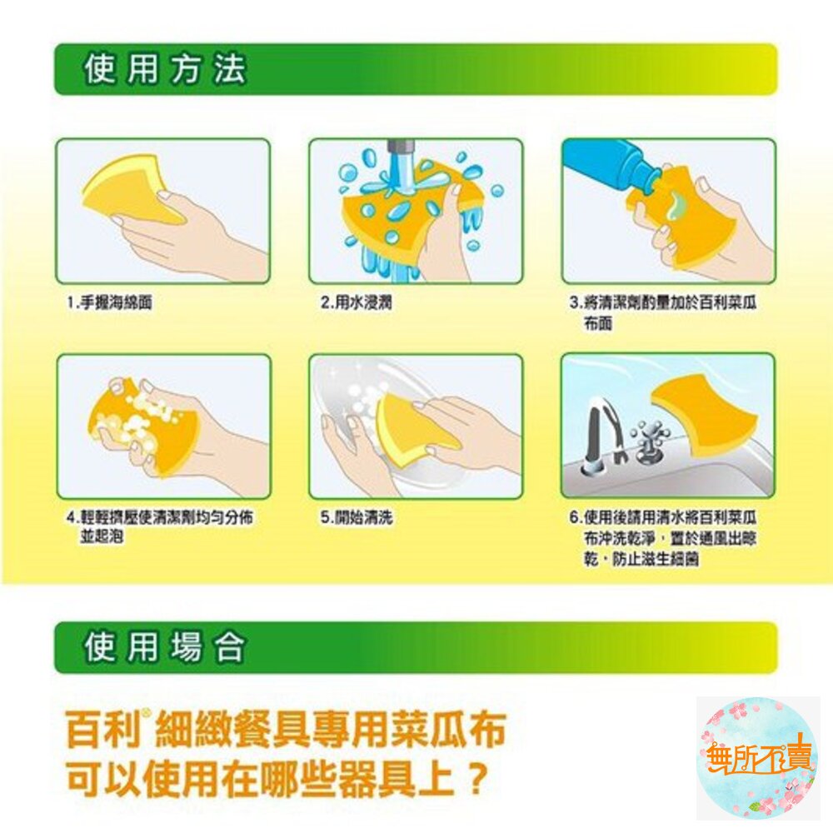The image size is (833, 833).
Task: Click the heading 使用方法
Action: pos(164,70)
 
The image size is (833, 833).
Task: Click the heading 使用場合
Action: pos(164,647)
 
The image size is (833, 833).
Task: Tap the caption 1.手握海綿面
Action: pos(110,304)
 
